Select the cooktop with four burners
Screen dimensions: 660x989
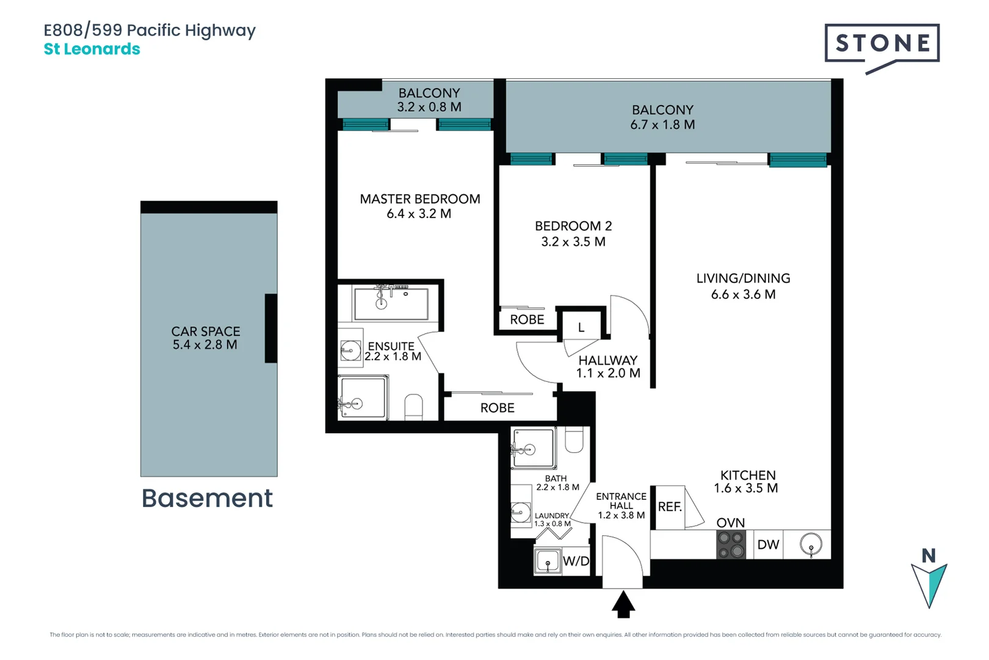[x=731, y=544]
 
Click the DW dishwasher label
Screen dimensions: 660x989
[x=768, y=544]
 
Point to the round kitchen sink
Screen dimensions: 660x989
[x=811, y=543]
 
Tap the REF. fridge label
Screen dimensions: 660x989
[x=670, y=507]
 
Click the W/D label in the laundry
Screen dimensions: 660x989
[x=576, y=561]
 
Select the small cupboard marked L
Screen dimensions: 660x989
[x=581, y=328]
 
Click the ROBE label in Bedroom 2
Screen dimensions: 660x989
[x=527, y=320]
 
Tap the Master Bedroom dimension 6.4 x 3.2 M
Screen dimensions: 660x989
[x=419, y=214]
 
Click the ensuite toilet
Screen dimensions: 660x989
[x=414, y=407]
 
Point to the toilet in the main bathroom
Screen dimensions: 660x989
[x=574, y=440]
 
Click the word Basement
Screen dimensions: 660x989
[x=207, y=498]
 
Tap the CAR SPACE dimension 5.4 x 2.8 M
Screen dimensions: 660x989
[x=205, y=345]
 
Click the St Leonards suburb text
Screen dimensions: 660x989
[x=92, y=49]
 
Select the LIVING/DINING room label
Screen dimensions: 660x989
[x=743, y=279]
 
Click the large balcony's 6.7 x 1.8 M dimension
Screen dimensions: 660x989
[x=662, y=125]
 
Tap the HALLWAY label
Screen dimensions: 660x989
[x=607, y=361]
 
